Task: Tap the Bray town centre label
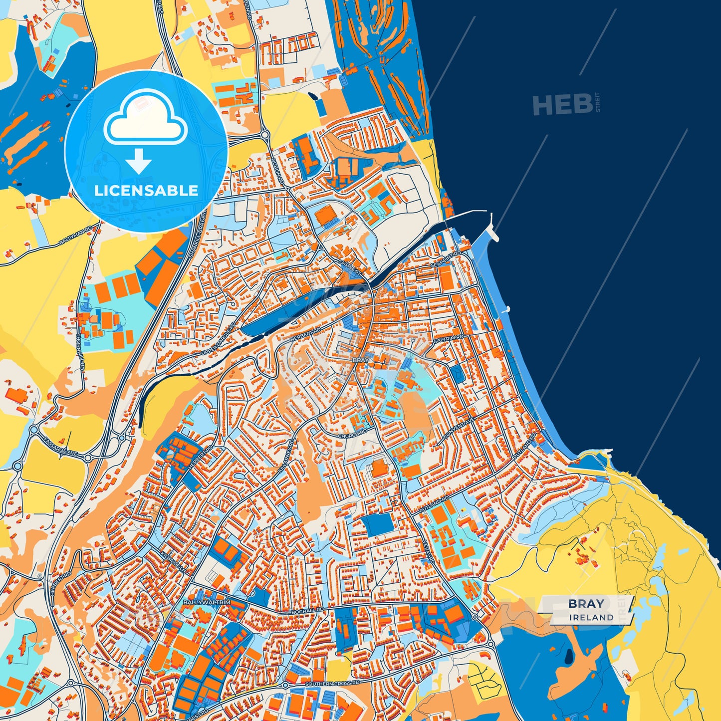360,360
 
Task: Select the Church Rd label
352,434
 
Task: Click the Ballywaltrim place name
207,602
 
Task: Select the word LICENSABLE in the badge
146,191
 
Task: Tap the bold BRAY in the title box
586,604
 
